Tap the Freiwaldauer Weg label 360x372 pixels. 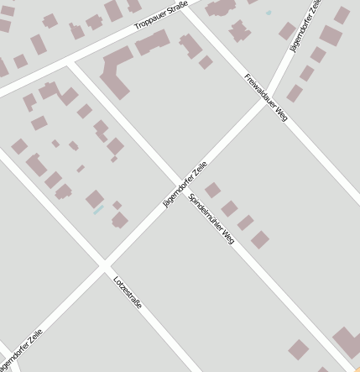pos(266,97)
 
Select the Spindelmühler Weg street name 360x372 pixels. pos(211,219)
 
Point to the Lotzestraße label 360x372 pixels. pos(128,291)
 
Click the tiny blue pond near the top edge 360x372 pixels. pos(269,13)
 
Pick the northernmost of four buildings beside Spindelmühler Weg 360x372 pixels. pos(212,190)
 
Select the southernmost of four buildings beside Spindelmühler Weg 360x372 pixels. pos(260,239)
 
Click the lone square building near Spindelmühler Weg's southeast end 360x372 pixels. pos(298,349)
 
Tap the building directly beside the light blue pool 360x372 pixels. pos(95,199)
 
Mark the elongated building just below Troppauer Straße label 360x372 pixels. pos(152,42)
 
